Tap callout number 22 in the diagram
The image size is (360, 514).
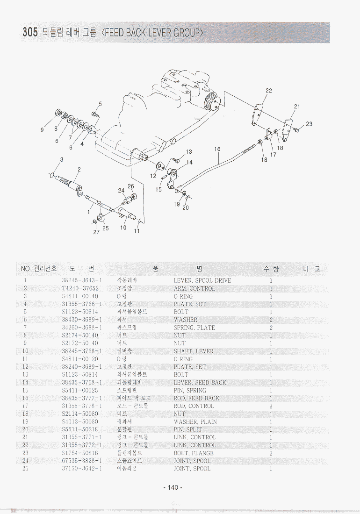coord(268,91)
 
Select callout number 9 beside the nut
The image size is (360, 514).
coord(42,130)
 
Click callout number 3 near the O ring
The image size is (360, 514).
coord(61,160)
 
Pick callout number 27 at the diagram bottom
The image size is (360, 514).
coord(96,231)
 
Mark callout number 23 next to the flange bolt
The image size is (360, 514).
coord(309,124)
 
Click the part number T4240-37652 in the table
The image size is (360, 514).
coord(80,288)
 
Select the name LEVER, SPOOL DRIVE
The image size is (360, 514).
coord(202,280)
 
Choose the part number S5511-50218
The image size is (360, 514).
coord(80,429)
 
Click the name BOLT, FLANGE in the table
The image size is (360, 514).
coord(194,453)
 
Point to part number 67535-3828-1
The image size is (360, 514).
coord(82,461)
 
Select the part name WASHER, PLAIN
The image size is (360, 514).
coord(195,421)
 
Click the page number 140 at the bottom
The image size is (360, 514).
coord(173,487)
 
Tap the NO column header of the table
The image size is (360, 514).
coord(25,269)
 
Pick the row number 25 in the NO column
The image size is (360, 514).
coord(25,469)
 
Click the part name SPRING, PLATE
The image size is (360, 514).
coord(194,328)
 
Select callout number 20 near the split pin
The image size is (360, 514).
coord(186,207)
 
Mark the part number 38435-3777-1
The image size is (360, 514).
coord(82,398)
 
